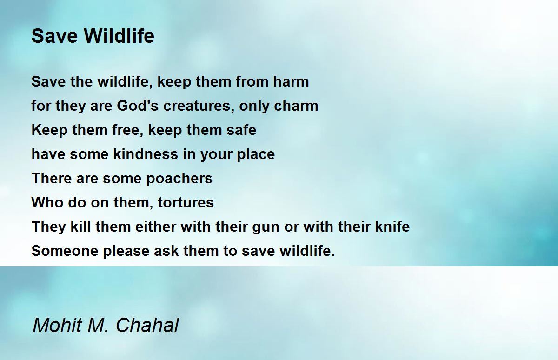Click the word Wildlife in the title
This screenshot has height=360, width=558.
[x=119, y=36]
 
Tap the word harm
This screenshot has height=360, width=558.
[x=291, y=81]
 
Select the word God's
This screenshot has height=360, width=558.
[x=138, y=106]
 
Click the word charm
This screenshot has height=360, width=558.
[x=296, y=106]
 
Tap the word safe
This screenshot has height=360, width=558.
[x=241, y=130]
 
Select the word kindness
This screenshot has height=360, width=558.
[x=146, y=154]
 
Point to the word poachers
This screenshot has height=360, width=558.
[x=179, y=179]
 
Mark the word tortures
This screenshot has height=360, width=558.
[x=186, y=202]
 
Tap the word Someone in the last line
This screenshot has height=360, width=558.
[x=65, y=251]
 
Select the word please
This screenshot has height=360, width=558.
[x=126, y=251]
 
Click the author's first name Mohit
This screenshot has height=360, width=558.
[x=58, y=325]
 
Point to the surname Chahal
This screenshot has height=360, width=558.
[x=147, y=325]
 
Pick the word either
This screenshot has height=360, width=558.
[x=155, y=227]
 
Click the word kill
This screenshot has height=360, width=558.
[x=80, y=227]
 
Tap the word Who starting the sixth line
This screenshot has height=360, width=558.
[x=47, y=202]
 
